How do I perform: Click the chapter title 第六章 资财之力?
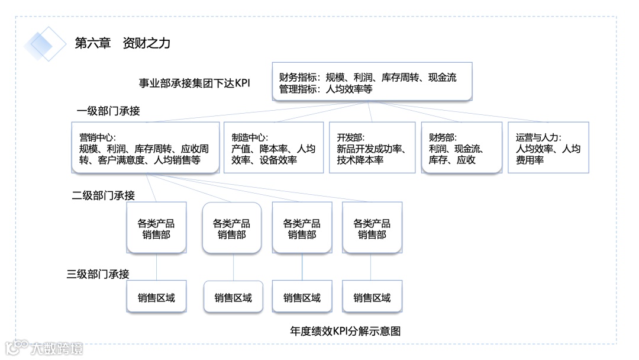click(x=122, y=43)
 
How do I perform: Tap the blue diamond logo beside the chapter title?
click(x=45, y=43)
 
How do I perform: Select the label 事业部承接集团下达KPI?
click(x=195, y=83)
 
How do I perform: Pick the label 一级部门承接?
click(x=108, y=111)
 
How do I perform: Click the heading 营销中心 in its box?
click(x=97, y=137)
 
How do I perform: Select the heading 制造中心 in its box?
click(x=249, y=137)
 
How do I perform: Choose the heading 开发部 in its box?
click(x=350, y=137)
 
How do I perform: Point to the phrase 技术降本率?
click(x=360, y=160)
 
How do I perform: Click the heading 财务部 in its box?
click(x=443, y=137)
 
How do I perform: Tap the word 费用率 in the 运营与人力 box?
click(x=530, y=160)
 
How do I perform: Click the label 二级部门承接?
click(x=104, y=195)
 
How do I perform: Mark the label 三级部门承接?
click(x=98, y=274)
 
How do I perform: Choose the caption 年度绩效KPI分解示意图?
click(x=346, y=332)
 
